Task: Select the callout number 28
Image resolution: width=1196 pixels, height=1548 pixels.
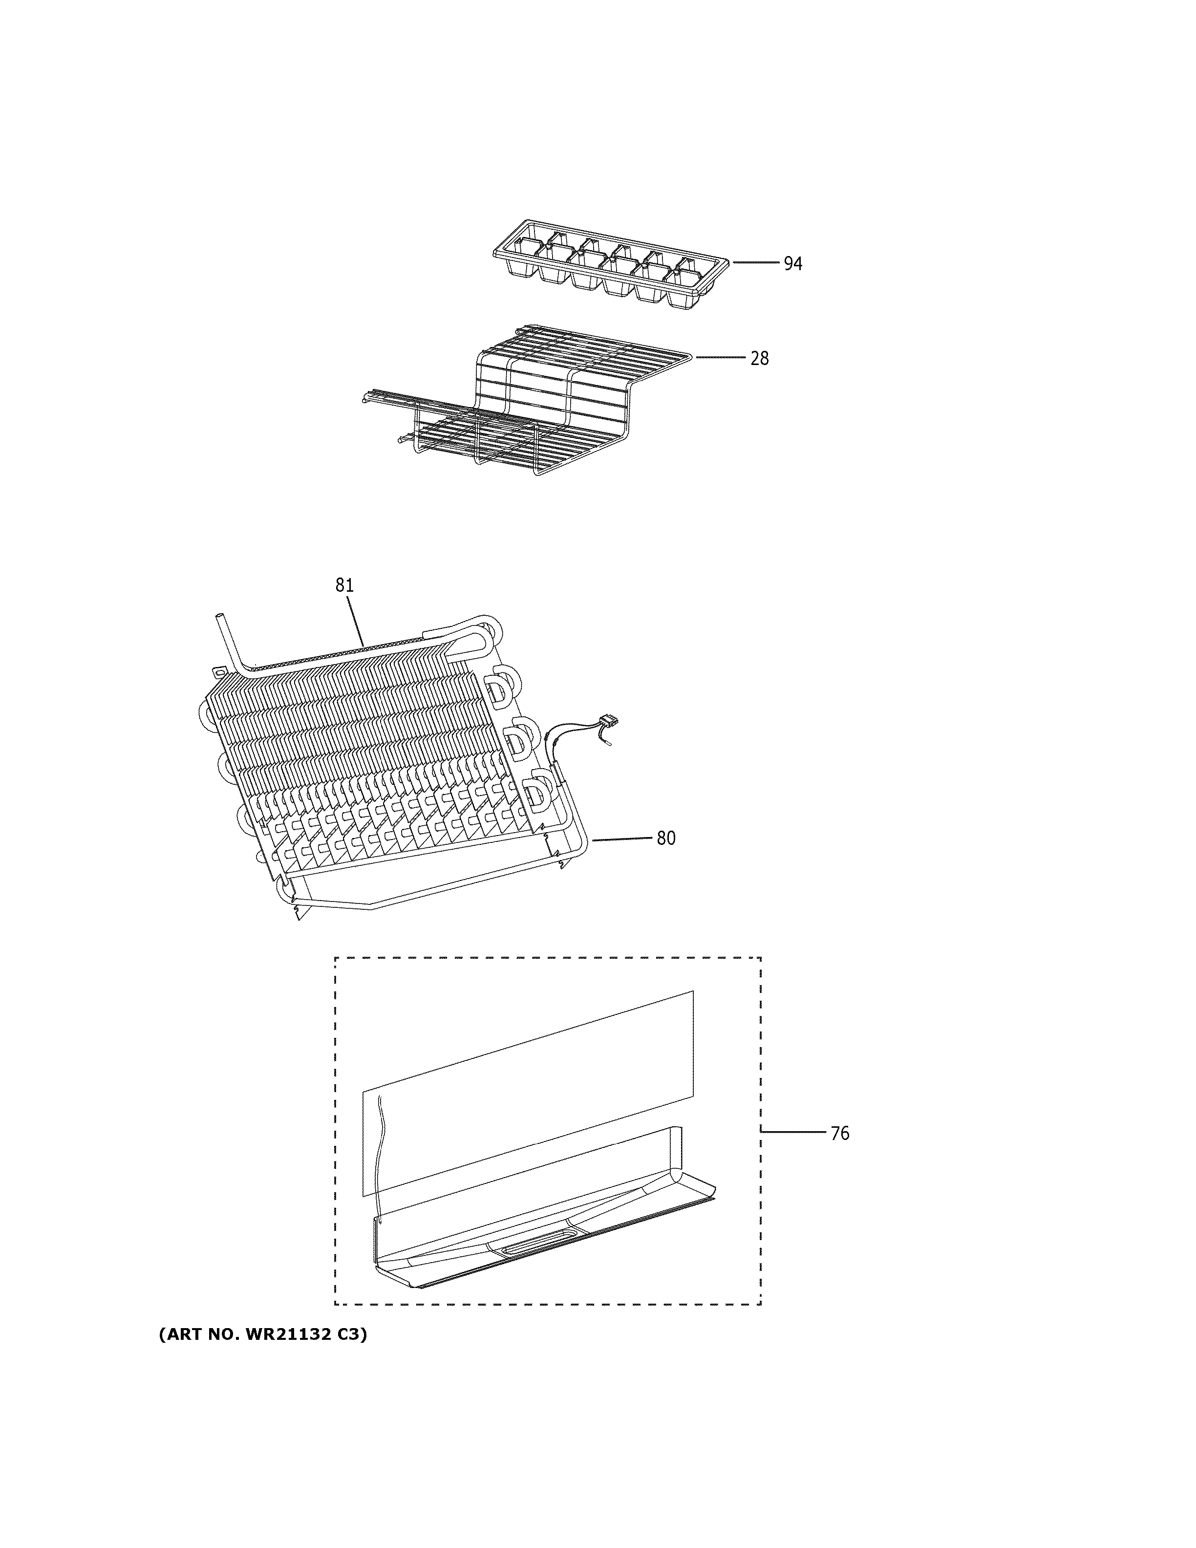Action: point(759,359)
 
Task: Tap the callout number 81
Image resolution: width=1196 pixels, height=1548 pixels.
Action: point(344,585)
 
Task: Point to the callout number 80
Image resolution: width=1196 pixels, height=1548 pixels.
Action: point(665,838)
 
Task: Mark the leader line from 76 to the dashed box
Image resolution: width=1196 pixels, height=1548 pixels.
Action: point(793,1133)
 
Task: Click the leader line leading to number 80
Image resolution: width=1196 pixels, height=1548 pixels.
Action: point(621,838)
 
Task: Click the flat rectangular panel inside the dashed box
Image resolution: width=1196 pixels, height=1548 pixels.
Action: point(528,1092)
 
